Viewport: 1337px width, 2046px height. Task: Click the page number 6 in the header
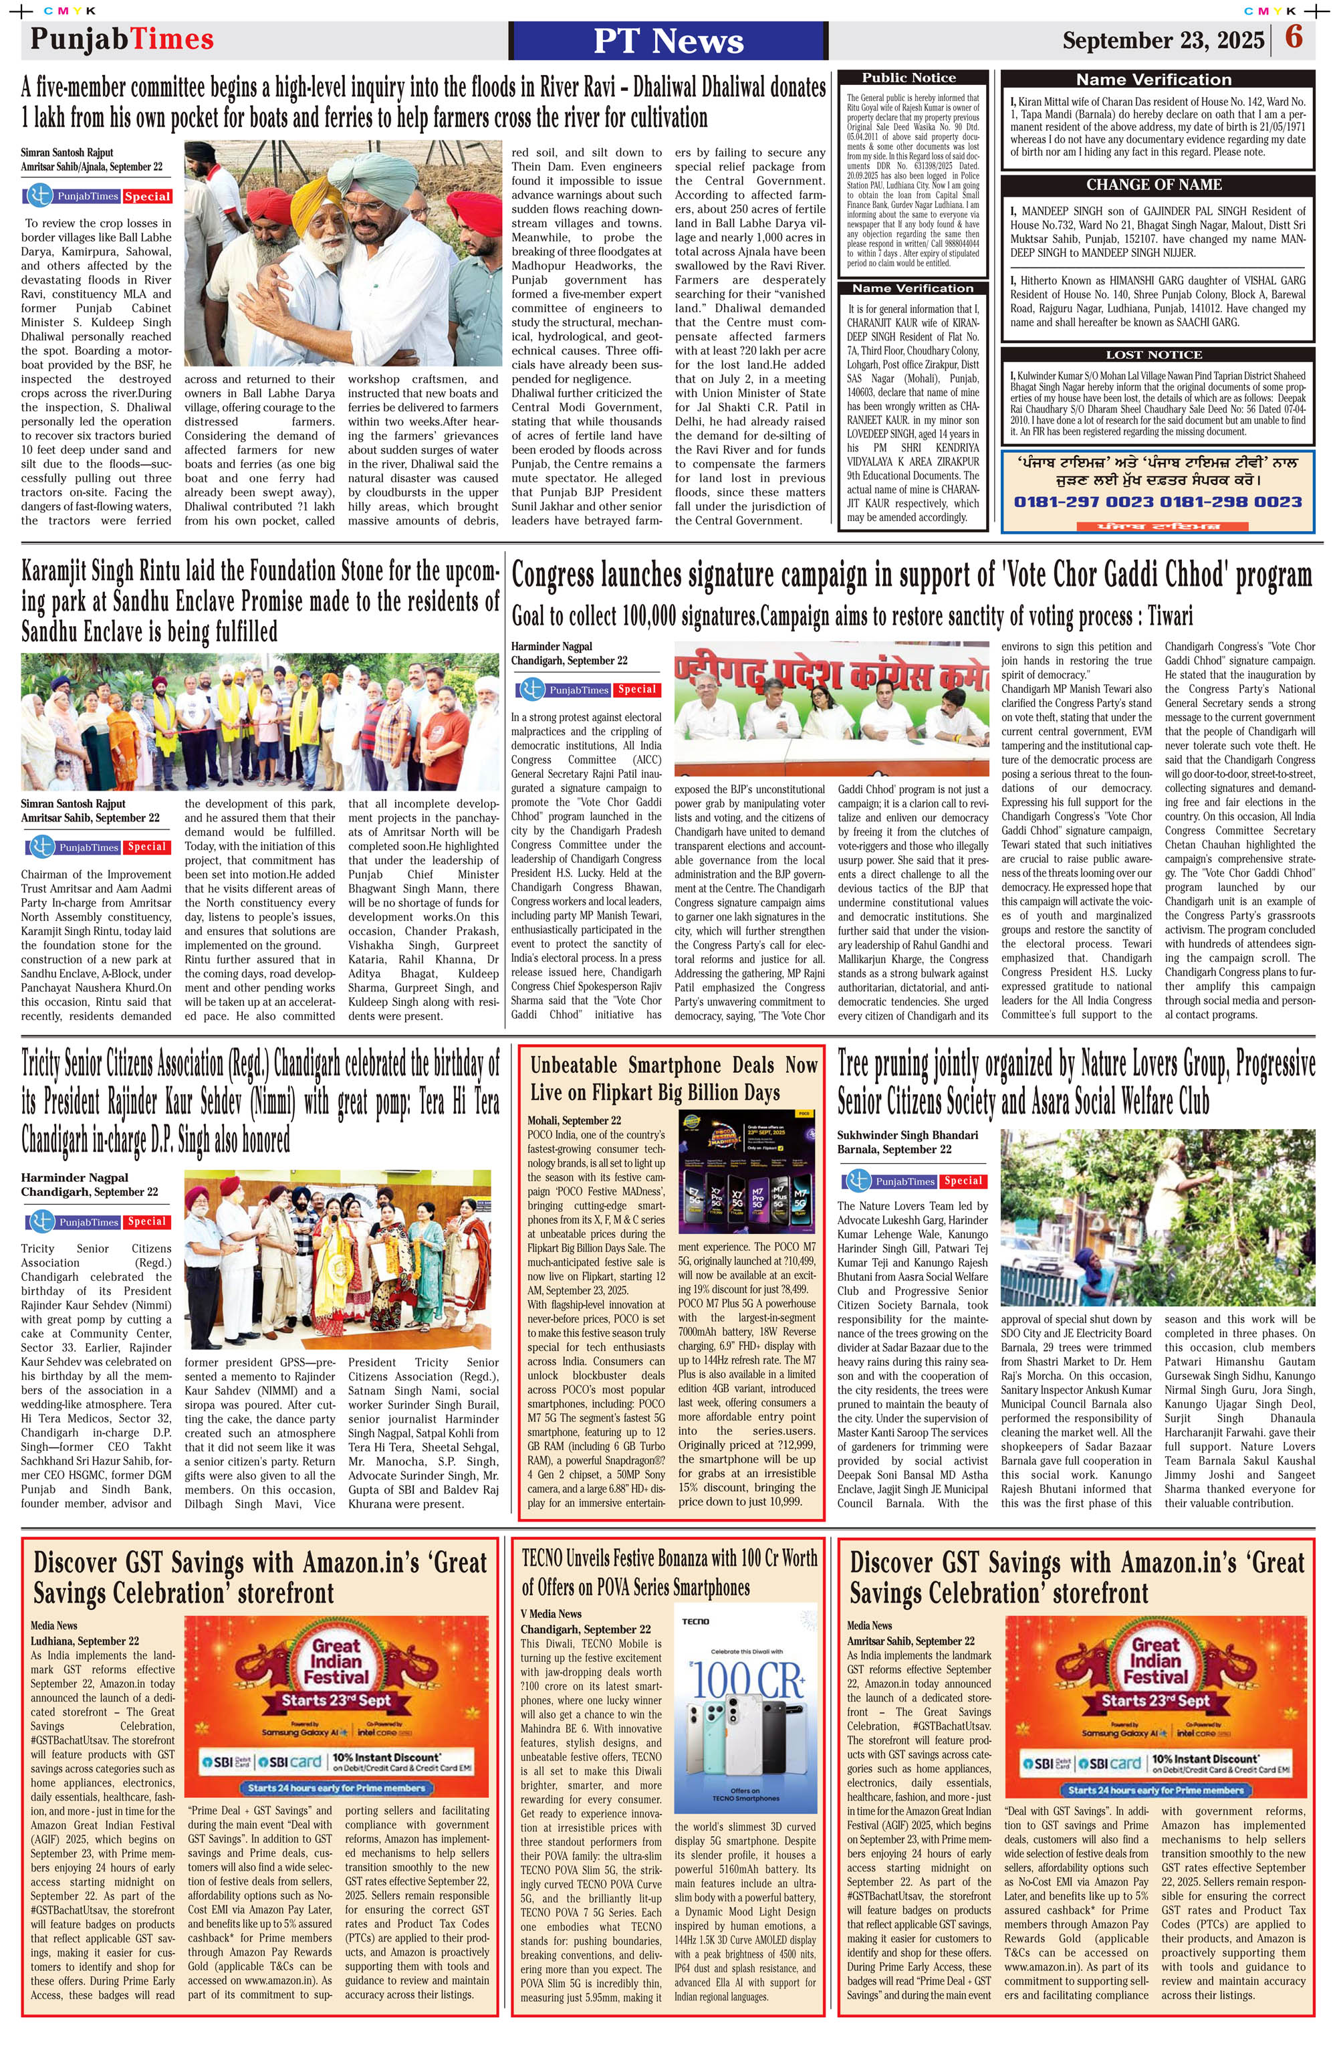(1293, 38)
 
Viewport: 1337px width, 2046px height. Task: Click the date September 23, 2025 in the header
(1163, 40)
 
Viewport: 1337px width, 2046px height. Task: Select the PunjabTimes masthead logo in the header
(122, 39)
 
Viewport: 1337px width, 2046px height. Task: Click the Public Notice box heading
(908, 78)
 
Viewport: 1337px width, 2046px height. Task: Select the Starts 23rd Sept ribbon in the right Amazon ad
(1155, 1700)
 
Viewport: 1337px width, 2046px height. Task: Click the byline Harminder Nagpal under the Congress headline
(551, 647)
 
